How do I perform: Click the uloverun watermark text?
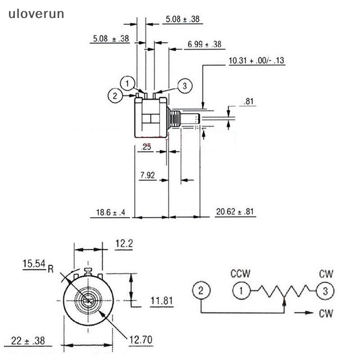36,13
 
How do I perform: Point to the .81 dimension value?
248,102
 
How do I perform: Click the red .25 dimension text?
146,147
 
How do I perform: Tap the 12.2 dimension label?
124,244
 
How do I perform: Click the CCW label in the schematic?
241,273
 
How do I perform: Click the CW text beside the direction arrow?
325,313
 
